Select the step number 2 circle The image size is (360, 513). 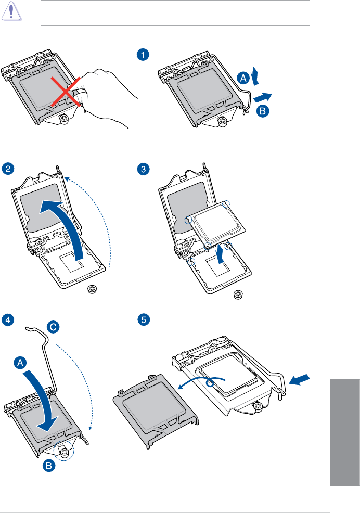[x=7, y=168]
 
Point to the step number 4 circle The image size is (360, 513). [x=7, y=319]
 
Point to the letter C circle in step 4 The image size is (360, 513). [x=53, y=326]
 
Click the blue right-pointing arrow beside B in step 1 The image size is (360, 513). [x=263, y=97]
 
